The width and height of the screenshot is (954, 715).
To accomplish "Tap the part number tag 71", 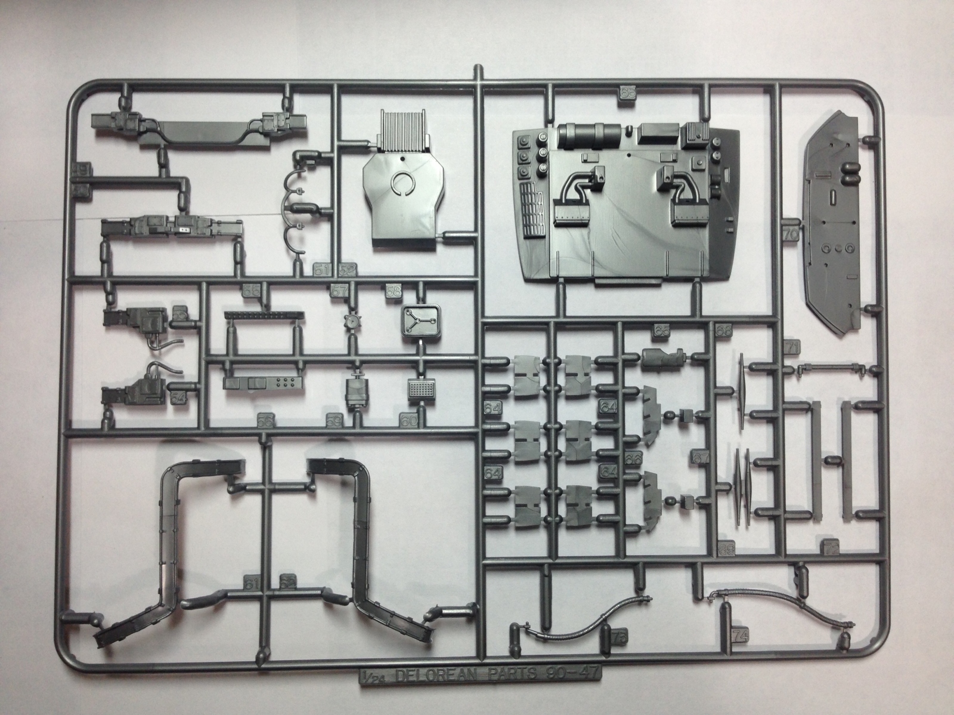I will (x=792, y=347).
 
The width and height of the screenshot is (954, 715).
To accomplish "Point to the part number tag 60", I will (x=408, y=421).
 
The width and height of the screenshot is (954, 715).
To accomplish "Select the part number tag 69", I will (x=725, y=549).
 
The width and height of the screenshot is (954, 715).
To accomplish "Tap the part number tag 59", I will (x=333, y=421).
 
